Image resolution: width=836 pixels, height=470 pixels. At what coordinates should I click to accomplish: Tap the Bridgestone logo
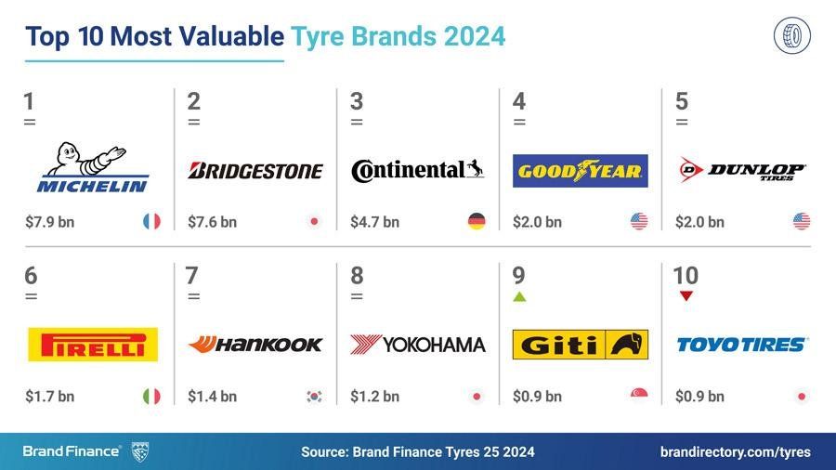click(x=255, y=171)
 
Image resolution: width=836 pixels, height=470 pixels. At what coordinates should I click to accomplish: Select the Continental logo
click(x=418, y=170)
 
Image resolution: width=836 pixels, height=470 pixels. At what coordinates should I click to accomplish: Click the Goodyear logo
click(x=580, y=171)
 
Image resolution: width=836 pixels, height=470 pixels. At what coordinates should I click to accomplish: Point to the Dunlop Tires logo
click(x=742, y=170)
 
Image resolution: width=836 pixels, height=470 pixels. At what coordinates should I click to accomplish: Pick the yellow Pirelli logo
click(x=92, y=345)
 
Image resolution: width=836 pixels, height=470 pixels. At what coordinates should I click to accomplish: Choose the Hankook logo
click(x=255, y=345)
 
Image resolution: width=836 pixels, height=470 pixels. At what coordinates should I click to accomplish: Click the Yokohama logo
click(x=418, y=345)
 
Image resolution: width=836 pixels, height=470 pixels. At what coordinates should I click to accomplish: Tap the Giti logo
click(x=580, y=345)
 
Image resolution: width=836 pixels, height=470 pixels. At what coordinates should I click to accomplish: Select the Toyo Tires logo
click(x=742, y=345)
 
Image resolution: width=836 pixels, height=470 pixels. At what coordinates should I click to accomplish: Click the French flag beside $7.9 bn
click(x=151, y=222)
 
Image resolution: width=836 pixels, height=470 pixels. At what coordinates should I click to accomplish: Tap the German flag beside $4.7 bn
click(x=477, y=222)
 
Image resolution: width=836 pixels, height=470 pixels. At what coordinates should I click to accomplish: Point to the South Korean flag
click(x=314, y=397)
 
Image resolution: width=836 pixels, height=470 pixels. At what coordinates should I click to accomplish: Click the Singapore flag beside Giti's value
click(x=639, y=397)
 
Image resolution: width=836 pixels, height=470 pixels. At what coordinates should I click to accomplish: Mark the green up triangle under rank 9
click(x=519, y=297)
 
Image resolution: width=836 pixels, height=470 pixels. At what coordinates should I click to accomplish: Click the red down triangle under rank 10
click(x=686, y=296)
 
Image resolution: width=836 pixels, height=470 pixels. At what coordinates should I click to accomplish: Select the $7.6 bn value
click(x=212, y=222)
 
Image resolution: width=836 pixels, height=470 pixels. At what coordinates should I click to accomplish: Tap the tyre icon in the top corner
click(x=791, y=36)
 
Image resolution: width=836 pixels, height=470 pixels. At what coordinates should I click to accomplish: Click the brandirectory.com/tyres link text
click(x=735, y=452)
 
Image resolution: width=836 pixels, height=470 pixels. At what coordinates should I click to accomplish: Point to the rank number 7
click(x=192, y=276)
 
